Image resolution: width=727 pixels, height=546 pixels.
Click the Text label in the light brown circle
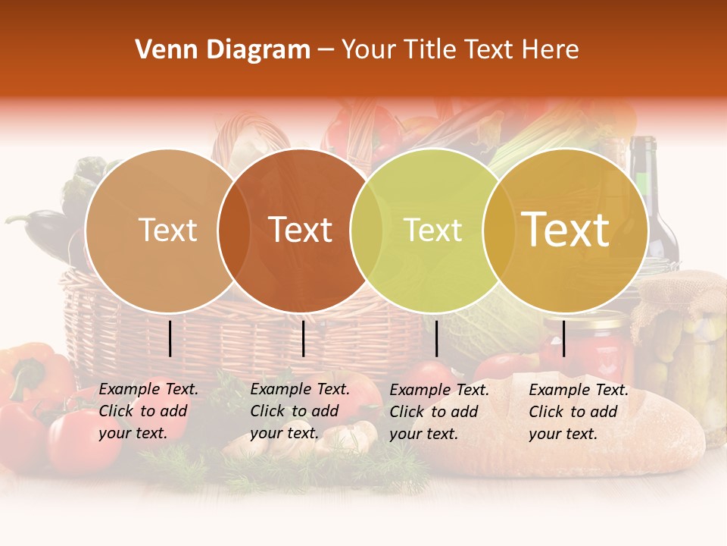click(168, 230)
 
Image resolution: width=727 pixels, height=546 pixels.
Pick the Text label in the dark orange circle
click(301, 230)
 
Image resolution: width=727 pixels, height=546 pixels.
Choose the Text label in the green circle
click(433, 230)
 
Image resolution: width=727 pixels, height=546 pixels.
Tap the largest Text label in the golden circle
click(566, 230)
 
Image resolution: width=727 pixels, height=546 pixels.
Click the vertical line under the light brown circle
click(170, 338)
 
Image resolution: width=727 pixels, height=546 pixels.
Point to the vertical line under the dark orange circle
click(303, 338)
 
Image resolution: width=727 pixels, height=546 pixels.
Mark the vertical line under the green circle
click(437, 338)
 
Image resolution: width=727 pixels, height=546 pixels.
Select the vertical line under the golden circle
click(563, 338)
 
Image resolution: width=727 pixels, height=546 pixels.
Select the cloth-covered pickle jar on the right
click(682, 341)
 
